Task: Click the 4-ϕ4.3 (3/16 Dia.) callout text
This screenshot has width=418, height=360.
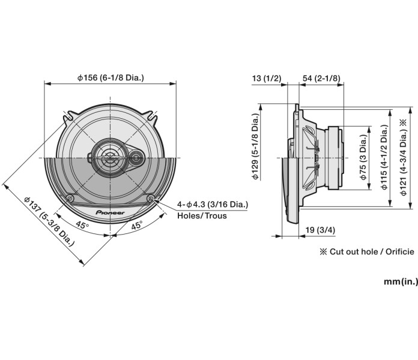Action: pos(213,204)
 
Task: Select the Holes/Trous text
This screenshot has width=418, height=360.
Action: pos(202,215)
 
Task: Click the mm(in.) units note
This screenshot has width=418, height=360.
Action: pos(401,282)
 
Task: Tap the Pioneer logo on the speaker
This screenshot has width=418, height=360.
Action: pos(111,212)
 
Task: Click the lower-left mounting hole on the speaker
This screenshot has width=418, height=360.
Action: pos(71,199)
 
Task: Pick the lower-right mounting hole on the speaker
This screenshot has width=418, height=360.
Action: pos(150,199)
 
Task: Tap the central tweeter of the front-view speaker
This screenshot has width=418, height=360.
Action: pos(111,157)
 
